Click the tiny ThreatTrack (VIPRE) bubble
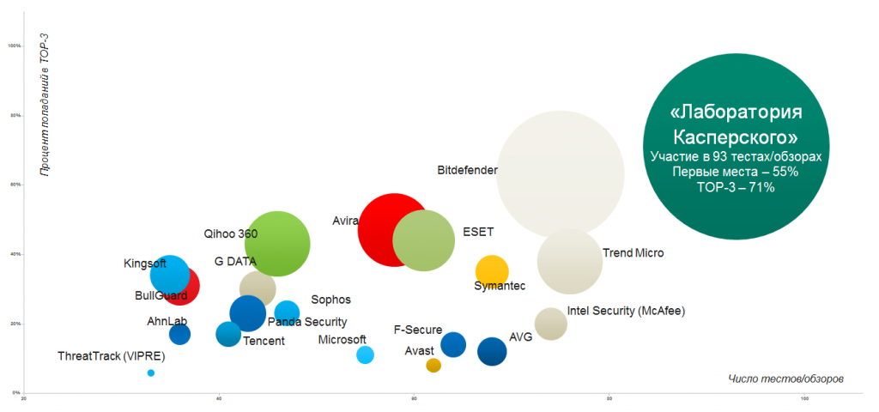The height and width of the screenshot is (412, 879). (x=151, y=373)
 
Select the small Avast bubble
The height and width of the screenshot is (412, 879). (x=433, y=366)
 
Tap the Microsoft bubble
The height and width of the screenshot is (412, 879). (x=365, y=355)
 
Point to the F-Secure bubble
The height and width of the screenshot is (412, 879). (x=453, y=345)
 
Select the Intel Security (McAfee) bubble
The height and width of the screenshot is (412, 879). (x=550, y=324)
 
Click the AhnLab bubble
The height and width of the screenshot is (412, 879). (x=179, y=334)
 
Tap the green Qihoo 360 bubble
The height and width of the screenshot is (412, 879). (x=277, y=244)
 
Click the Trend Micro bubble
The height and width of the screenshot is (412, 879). (x=569, y=261)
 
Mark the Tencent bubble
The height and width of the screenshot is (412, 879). (x=228, y=334)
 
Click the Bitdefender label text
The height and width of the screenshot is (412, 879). (x=467, y=171)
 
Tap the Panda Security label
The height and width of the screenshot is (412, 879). (x=307, y=322)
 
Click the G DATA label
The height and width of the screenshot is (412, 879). (x=235, y=262)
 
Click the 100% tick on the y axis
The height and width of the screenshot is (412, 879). (x=15, y=45)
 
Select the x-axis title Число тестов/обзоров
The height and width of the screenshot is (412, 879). (x=785, y=378)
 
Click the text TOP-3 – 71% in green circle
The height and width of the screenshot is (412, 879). (x=736, y=186)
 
